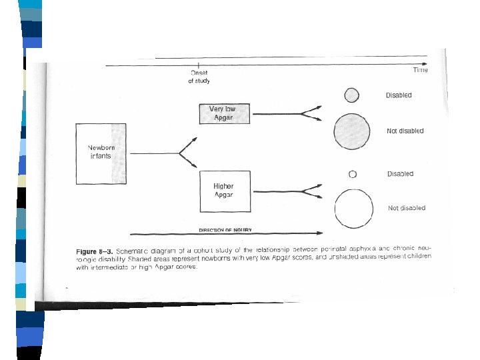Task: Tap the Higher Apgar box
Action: click(224, 191)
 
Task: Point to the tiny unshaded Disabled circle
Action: click(353, 175)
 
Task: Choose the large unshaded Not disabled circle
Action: click(353, 209)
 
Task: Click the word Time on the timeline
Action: click(420, 70)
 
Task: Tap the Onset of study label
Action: click(199, 77)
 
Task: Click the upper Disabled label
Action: click(399, 95)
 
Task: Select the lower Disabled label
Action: click(400, 174)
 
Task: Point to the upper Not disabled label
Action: click(405, 131)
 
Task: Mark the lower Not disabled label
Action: click(407, 208)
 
